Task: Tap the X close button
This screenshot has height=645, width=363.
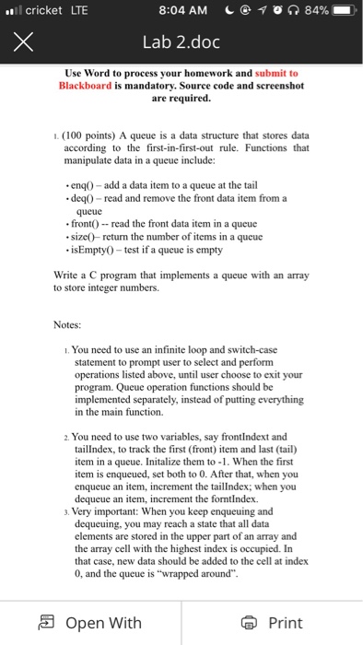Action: click(25, 41)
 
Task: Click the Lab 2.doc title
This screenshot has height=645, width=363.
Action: click(181, 41)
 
